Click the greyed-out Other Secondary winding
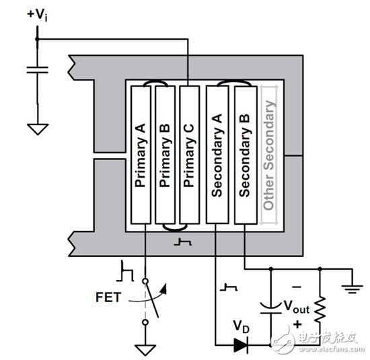(x=270, y=155)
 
